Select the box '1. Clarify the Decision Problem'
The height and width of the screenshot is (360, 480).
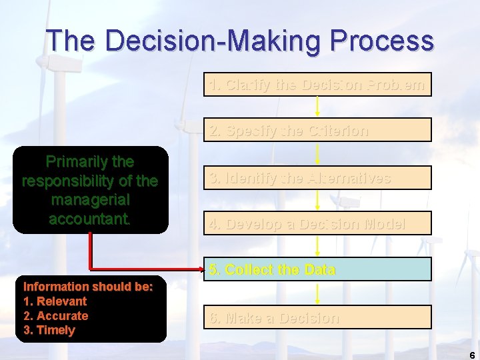pyautogui.click(x=317, y=85)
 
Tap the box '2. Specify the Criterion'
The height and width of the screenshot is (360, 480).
pyautogui.click(x=317, y=130)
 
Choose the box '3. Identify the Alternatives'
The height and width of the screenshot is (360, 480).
pyautogui.click(x=317, y=178)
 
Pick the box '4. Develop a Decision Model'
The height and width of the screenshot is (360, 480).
pyautogui.click(x=317, y=223)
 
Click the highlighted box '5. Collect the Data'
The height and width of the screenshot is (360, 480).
pyautogui.click(x=317, y=269)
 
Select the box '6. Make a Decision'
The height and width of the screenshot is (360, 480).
pyautogui.click(x=317, y=317)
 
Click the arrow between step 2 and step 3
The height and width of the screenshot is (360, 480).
pyautogui.click(x=317, y=153)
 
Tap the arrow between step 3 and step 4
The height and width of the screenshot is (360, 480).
pyautogui.click(x=317, y=200)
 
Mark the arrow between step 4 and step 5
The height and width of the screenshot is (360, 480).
pyautogui.click(x=317, y=246)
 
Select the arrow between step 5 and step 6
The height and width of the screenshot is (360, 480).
pyautogui.click(x=317, y=293)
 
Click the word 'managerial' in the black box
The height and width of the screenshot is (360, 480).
pyautogui.click(x=90, y=199)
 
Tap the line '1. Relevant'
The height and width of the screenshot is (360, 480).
pyautogui.click(x=55, y=301)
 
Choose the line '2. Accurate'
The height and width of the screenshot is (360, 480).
pyautogui.click(x=56, y=316)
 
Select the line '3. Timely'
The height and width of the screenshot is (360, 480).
pyautogui.click(x=49, y=331)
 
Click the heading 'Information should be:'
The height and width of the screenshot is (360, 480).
pyautogui.click(x=88, y=287)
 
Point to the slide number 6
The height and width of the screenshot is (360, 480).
pyautogui.click(x=472, y=355)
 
